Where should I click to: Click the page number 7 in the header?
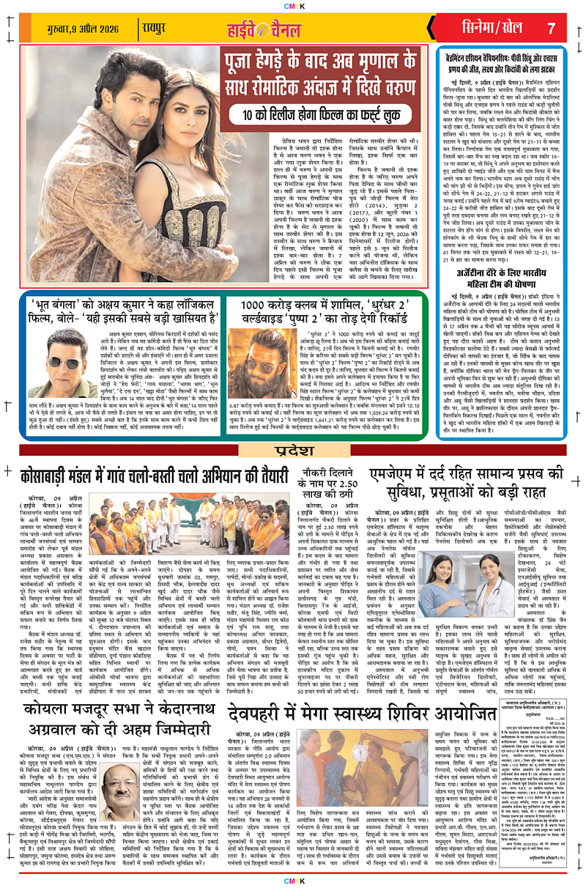552,29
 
